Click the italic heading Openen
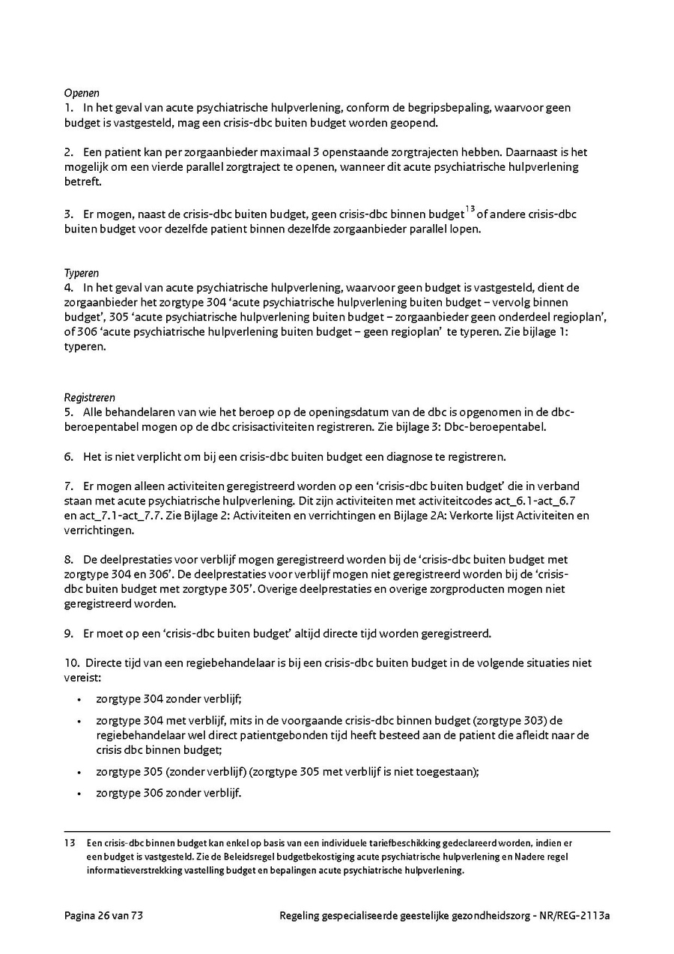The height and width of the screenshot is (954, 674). click(77, 94)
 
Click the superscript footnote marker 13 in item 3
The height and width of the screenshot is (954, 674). click(470, 209)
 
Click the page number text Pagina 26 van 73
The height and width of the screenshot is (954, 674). click(103, 915)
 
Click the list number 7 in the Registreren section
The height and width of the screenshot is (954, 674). click(67, 486)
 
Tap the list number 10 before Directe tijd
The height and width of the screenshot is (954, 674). click(70, 663)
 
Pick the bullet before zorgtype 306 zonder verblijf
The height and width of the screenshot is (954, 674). click(79, 794)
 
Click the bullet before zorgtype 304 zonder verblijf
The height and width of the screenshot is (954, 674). click(79, 699)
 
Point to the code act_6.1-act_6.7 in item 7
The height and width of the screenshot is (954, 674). click(541, 501)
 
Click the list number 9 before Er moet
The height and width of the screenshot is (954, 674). click(67, 634)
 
